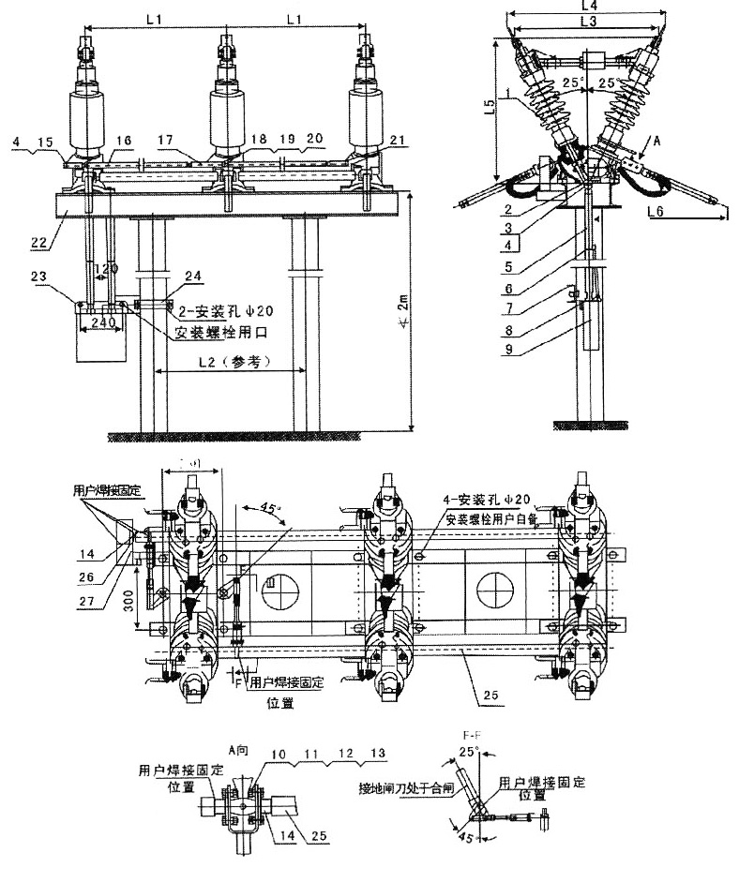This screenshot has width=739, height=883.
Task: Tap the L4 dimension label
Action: [x=589, y=7]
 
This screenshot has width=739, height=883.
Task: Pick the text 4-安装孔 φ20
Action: [x=487, y=499]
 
